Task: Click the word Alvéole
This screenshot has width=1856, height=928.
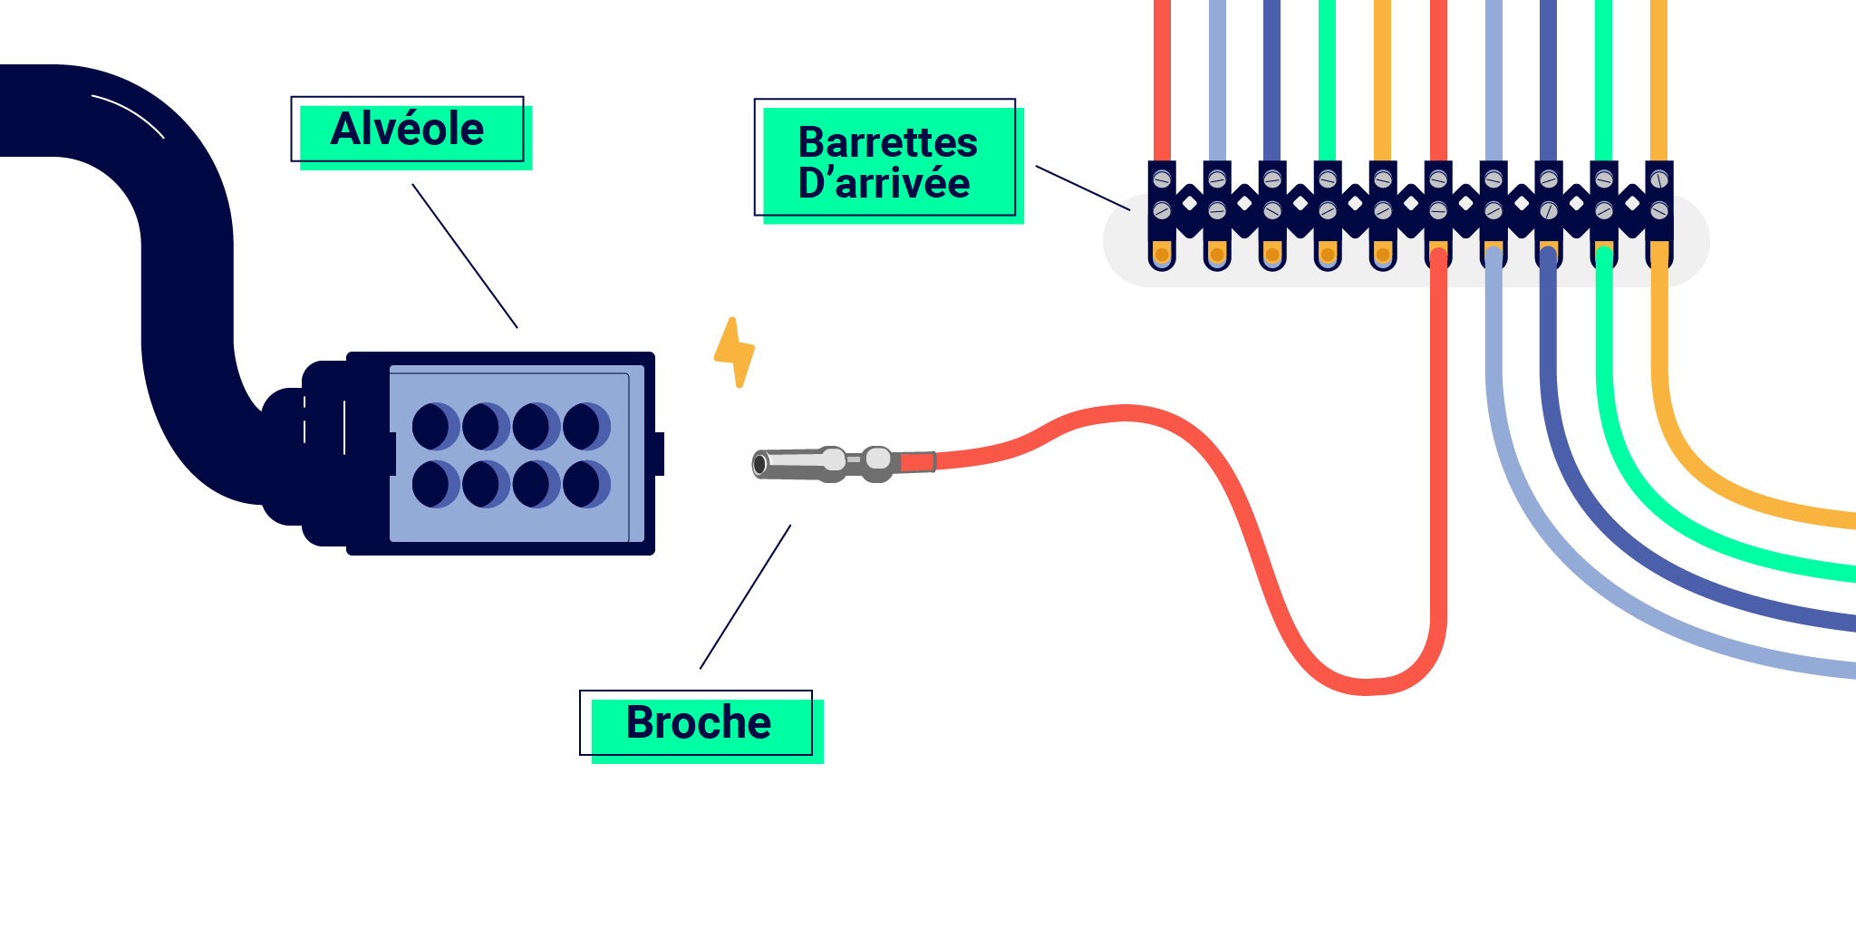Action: [407, 129]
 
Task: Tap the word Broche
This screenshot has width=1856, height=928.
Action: [698, 723]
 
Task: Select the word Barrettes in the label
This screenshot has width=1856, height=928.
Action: [887, 142]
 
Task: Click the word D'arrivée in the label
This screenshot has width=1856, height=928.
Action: [884, 184]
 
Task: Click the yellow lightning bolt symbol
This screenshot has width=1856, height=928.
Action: [735, 353]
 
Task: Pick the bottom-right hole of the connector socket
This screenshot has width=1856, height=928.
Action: [585, 484]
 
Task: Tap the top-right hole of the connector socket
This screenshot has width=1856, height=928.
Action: [585, 427]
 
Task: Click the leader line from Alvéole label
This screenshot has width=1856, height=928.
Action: [464, 255]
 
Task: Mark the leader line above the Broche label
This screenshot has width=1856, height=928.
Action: [745, 596]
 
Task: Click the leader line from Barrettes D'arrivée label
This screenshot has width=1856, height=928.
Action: [1082, 188]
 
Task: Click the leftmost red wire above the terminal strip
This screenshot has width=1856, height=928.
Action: [1162, 82]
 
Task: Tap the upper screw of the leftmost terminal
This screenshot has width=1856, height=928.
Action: [1162, 179]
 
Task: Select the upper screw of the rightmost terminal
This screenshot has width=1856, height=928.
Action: [1658, 179]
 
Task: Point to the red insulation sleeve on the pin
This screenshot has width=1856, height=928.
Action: [917, 462]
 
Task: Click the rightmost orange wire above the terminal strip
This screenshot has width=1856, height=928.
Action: [1658, 82]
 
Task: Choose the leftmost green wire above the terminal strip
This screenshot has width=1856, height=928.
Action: [1327, 82]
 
